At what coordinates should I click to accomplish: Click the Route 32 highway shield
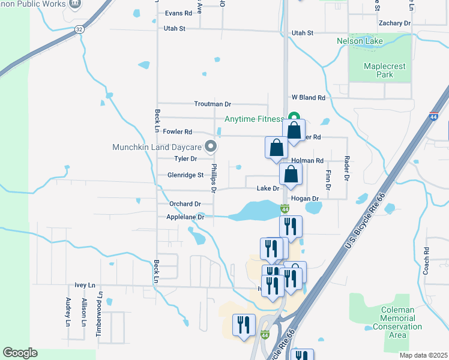click(79, 29)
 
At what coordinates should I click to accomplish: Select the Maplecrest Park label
click(379, 70)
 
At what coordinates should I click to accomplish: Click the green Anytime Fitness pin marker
click(294, 118)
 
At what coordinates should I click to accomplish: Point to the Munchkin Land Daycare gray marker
click(210, 146)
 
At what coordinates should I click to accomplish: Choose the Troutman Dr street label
click(212, 104)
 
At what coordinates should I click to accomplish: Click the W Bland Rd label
click(309, 97)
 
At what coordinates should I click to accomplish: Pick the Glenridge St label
click(186, 175)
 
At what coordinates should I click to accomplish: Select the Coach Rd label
click(427, 260)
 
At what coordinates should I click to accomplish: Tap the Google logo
click(20, 353)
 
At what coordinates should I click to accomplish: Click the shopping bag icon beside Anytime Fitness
click(294, 130)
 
